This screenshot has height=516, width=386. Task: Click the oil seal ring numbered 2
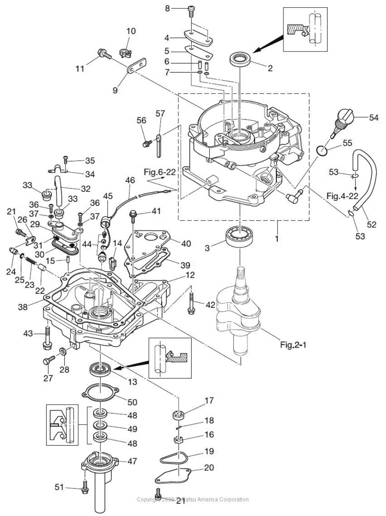pos(241,59)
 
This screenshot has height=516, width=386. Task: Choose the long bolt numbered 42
pos(191,302)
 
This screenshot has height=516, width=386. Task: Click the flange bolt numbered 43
pos(48,337)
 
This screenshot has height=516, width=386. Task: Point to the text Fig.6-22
pos(160,172)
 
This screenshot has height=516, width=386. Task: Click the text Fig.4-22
pos(343,196)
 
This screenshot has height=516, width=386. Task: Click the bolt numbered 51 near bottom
pos(85,488)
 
